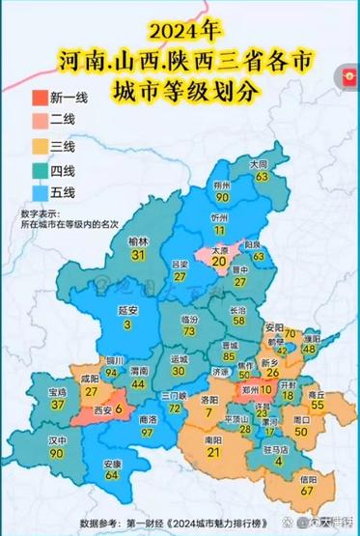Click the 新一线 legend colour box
(x=39, y=98)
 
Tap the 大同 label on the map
(x=259, y=165)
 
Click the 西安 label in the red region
(x=98, y=409)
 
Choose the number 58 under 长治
(x=237, y=320)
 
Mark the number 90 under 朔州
(x=222, y=197)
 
